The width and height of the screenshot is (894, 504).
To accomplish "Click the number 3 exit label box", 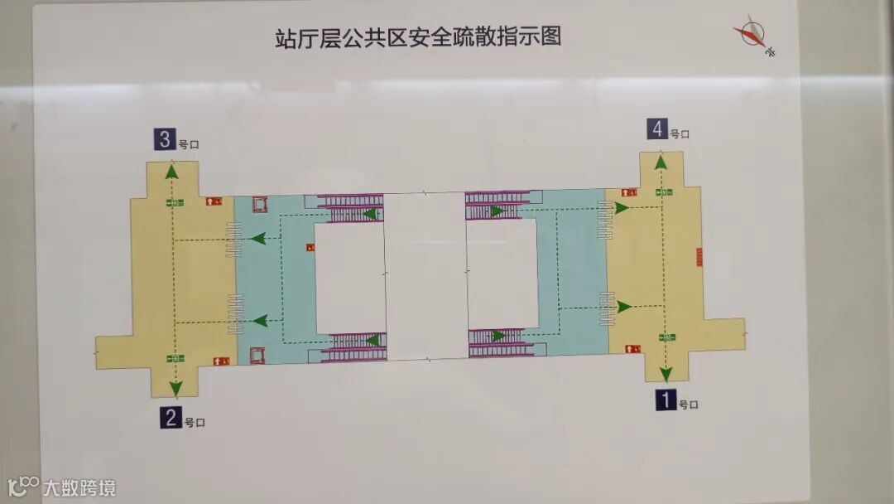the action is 163,140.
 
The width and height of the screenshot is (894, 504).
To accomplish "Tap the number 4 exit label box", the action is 657,129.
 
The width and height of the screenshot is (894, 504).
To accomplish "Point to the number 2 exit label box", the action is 171,417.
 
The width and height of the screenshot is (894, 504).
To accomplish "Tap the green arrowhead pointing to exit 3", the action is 172,172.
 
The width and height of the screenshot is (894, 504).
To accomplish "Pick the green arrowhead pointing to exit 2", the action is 175,388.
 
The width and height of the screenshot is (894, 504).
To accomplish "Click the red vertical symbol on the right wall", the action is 699,257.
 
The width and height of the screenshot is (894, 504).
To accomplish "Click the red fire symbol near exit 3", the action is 214,201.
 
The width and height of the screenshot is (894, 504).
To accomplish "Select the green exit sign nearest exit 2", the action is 175,358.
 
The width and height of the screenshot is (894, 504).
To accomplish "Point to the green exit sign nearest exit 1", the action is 665,337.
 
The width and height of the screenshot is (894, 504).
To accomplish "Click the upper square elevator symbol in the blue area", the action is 260,204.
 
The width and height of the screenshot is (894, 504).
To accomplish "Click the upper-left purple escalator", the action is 352,207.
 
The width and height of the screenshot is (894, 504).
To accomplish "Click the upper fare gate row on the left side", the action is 234,240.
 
